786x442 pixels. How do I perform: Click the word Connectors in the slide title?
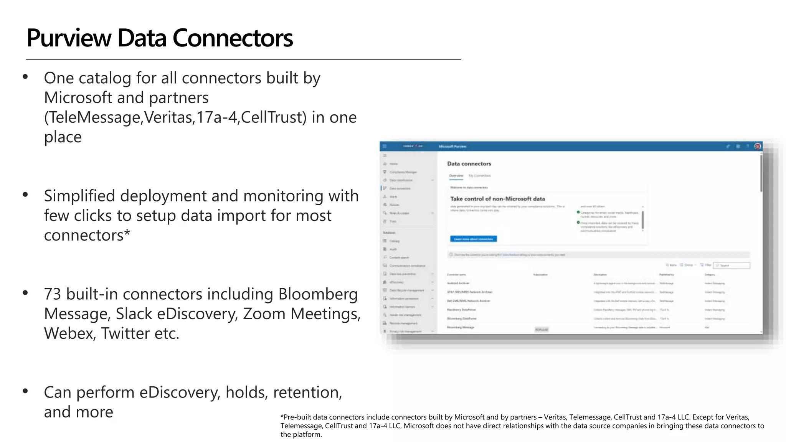point(233,38)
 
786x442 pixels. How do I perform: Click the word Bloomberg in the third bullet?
point(318,294)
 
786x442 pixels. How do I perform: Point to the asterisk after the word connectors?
point(127,233)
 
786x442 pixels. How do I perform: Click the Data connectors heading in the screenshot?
point(469,164)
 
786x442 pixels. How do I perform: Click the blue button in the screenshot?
point(474,239)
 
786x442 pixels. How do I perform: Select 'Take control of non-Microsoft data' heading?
point(497,199)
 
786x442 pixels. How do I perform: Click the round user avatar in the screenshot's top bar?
point(758,146)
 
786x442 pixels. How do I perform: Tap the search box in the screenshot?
point(732,265)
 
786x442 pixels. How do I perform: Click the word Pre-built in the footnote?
point(297,417)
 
